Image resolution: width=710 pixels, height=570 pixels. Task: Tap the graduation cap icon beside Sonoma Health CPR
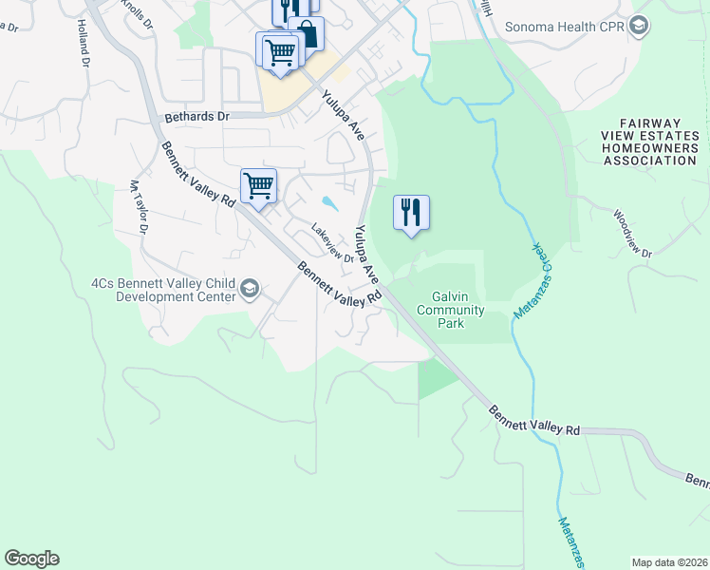tap(639, 26)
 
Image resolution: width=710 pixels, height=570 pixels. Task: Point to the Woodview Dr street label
tap(633, 234)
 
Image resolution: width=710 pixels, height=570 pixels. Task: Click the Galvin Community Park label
tap(451, 310)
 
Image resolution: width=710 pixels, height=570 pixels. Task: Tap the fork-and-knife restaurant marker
tap(411, 212)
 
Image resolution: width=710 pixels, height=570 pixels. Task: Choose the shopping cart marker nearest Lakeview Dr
tap(258, 186)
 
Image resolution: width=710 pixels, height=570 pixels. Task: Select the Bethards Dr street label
tap(197, 116)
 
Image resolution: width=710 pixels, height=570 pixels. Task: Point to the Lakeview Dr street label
tap(332, 243)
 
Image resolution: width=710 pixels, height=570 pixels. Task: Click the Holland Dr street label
tap(83, 45)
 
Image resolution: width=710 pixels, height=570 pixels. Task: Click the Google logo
tap(31, 559)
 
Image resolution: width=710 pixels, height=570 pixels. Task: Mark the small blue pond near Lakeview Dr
tap(328, 202)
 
